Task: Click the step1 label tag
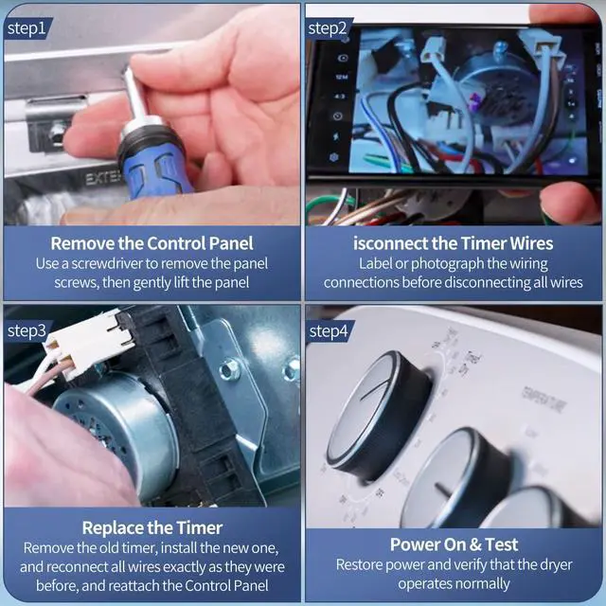(27, 28)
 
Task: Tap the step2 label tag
(328, 28)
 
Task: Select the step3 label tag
(27, 330)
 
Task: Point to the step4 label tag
(329, 331)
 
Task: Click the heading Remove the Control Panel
(151, 243)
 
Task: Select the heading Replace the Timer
(152, 528)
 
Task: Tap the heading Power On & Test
(454, 544)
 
